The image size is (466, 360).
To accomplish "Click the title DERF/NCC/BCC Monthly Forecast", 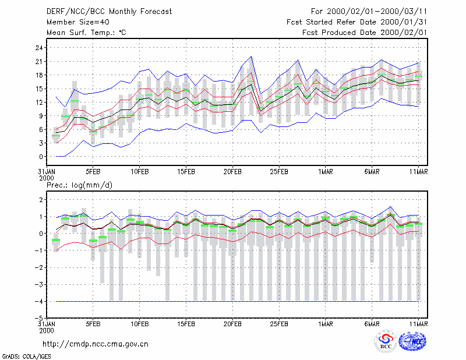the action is point(109,12).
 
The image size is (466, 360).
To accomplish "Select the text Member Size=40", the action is point(78,22).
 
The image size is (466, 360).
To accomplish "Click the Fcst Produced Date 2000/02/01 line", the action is point(365,33).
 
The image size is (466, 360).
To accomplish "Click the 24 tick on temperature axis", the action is point(39,48).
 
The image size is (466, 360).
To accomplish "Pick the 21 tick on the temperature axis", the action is point(39,62).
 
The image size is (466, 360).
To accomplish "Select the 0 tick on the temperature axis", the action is point(41,157).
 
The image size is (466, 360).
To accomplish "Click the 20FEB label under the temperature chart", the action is point(232,172).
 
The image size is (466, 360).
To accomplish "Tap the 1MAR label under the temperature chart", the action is point(326,172).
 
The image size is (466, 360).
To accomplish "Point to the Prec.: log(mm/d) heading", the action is point(79,185).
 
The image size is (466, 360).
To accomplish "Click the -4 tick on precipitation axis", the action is point(38,301).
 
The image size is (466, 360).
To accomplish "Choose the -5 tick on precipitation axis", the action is point(38,319).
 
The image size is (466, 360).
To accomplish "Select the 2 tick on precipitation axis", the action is point(41,199).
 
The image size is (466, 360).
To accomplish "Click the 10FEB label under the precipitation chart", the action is point(139,324).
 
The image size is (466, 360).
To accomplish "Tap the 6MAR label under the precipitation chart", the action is point(372,324).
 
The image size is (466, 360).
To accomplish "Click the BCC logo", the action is point(386,342).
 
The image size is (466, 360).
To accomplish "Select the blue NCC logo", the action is point(412,341).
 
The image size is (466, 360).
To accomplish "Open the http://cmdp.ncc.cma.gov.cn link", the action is point(96,344).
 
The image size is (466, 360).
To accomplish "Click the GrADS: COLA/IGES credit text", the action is point(27,357).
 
